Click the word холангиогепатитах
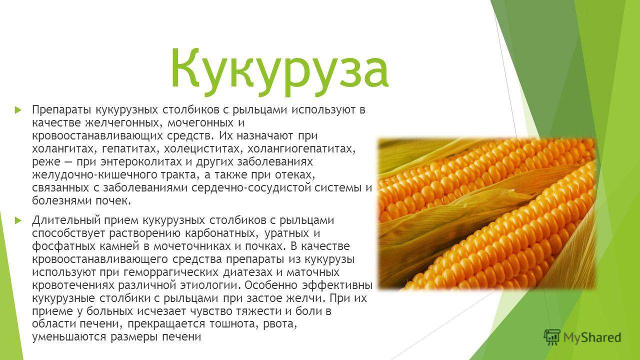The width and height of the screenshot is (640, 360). click(x=286, y=148)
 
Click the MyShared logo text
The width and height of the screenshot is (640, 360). click(x=592, y=337)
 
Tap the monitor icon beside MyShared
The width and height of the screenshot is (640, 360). click(x=552, y=336)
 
